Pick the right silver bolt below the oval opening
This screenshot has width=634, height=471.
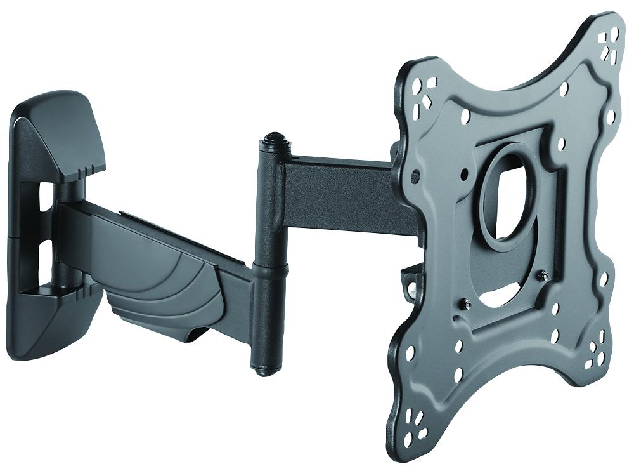coord(543,275)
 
